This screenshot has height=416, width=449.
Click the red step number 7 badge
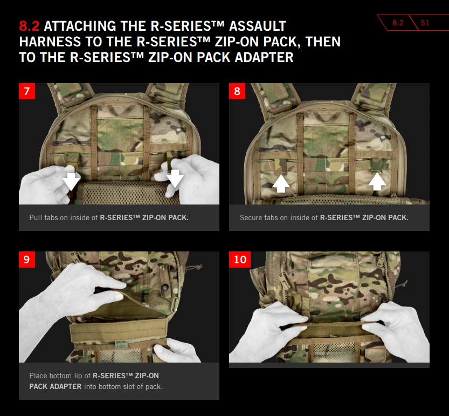coord(27,91)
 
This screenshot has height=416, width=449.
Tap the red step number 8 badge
coord(237,91)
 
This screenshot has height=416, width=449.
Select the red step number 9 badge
coord(27,260)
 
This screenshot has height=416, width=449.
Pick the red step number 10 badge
coord(240,260)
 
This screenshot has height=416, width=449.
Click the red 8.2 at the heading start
coord(29,26)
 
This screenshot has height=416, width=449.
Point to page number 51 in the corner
coord(425,23)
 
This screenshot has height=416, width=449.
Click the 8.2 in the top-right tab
coord(398,23)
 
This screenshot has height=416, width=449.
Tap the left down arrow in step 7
coord(71,181)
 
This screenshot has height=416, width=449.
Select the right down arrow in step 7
coord(175,179)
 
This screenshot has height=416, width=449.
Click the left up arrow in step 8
coord(281,184)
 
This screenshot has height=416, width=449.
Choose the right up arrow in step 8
coord(377,181)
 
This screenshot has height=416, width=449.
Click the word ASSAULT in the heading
coord(258,26)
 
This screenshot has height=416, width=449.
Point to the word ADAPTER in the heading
coord(264,57)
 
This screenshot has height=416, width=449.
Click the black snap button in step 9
coord(165,287)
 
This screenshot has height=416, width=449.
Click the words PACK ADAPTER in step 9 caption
coord(56,386)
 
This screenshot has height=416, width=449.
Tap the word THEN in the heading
coord(323,42)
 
